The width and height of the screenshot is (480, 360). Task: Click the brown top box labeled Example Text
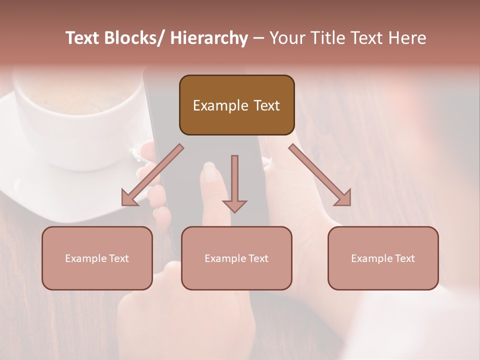[x=236, y=105]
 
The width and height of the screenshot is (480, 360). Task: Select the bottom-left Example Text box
[x=97, y=258]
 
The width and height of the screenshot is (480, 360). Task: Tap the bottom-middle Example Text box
[x=236, y=258]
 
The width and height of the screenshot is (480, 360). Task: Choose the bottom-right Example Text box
[x=383, y=258]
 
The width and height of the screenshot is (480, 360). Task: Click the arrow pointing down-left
[x=152, y=175]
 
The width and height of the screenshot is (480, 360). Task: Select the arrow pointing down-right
[x=320, y=175]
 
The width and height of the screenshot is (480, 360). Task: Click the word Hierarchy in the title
[x=208, y=38]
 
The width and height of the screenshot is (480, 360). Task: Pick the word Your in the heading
[x=287, y=38]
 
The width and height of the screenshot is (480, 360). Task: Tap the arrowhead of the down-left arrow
[x=129, y=199]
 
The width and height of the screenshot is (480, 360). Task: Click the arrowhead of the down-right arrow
[x=343, y=199]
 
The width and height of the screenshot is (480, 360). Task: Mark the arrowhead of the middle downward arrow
[x=234, y=205]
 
